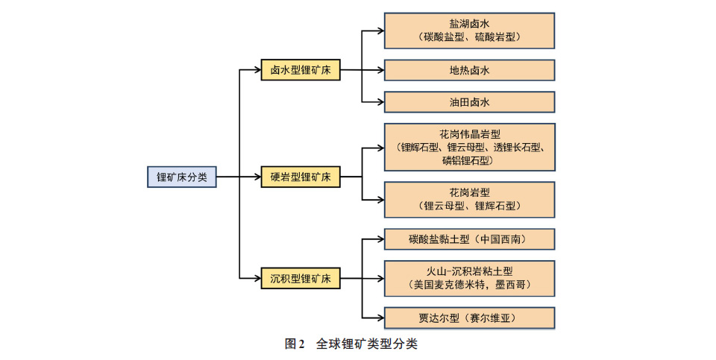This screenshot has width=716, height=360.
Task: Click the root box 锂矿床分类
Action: click(182, 177)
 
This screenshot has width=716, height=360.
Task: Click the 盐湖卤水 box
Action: click(469, 30)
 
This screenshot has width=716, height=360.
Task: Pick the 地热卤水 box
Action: click(469, 71)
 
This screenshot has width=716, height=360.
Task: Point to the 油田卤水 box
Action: click(469, 101)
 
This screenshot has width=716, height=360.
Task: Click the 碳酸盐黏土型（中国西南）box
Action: click(469, 239)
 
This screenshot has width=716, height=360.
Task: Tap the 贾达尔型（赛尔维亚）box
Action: click(469, 318)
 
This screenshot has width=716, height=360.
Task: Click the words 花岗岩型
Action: click(469, 192)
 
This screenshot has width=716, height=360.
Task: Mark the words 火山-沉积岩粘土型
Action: click(470, 271)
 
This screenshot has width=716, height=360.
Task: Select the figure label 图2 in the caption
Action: click(295, 344)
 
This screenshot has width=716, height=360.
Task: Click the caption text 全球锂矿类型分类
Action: click(366, 344)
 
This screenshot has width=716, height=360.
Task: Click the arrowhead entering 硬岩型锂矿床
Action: click(257, 177)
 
